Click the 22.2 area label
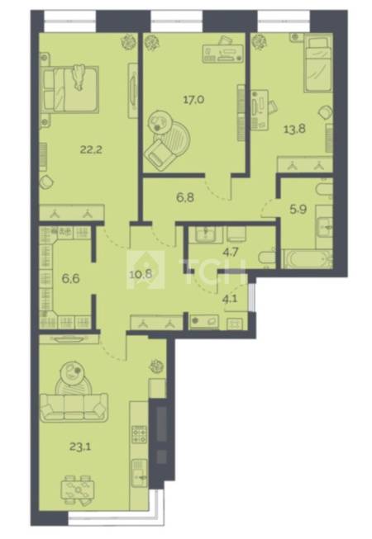tap(92, 150)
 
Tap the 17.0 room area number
tap(193, 100)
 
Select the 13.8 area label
tap(294, 130)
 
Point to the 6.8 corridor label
tap(185, 197)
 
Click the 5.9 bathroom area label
tap(298, 210)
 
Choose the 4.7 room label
tap(231, 253)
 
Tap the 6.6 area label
tap(71, 278)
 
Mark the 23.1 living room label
tap(80, 447)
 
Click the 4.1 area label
tap(230, 299)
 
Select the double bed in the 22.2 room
tap(70, 89)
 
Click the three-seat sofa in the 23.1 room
tap(74, 408)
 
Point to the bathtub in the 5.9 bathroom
tap(307, 259)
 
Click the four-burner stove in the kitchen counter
tap(140, 434)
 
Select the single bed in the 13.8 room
tap(317, 64)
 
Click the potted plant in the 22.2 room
tap(127, 42)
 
